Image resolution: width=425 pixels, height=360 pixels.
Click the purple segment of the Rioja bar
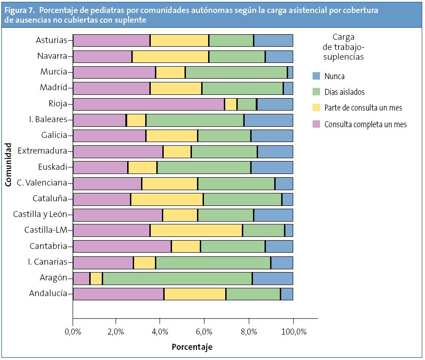(148, 104)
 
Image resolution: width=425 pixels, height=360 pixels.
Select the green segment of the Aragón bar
(177, 278)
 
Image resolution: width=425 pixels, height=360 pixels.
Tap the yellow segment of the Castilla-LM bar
(196, 230)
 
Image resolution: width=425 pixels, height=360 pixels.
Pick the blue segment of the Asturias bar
(273, 40)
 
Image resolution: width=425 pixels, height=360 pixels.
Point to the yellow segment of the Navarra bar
(170, 56)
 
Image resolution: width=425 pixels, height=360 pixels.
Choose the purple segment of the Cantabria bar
(122, 246)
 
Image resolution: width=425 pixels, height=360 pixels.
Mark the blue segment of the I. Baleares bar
(268, 120)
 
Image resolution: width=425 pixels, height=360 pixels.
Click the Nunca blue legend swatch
(316, 76)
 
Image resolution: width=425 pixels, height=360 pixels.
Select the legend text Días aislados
(345, 92)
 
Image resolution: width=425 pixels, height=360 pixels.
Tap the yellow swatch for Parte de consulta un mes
(316, 108)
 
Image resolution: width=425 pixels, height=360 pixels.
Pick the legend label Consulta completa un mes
(365, 124)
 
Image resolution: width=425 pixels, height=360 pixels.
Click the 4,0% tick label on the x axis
(160, 331)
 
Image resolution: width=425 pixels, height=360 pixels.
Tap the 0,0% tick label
(73, 331)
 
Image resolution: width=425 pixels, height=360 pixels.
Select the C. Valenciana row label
(42, 183)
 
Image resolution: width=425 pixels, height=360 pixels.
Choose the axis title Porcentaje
(192, 347)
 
